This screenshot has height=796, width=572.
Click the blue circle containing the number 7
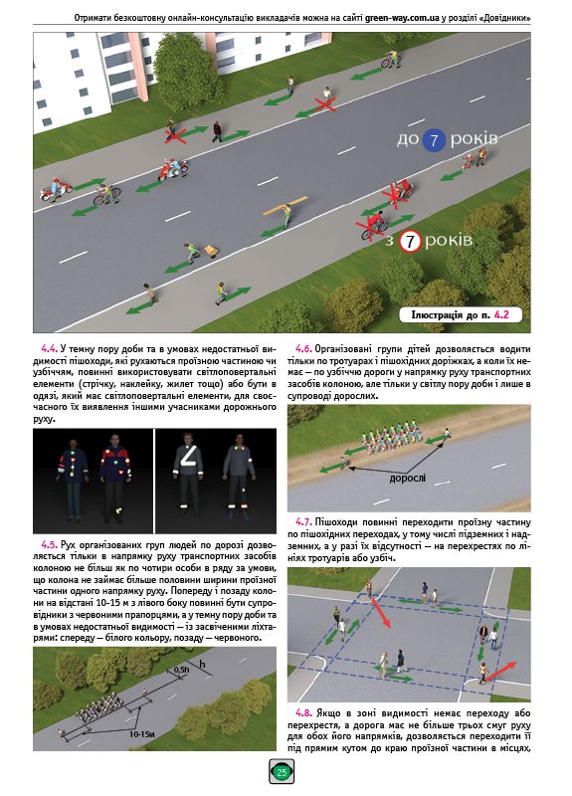(x=434, y=140)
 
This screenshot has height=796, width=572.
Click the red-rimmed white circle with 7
(x=410, y=242)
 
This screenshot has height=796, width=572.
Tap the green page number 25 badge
(x=282, y=772)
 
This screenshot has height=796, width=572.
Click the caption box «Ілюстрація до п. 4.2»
(x=460, y=314)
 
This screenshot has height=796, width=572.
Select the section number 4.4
(x=49, y=349)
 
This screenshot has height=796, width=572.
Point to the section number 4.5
(x=49, y=545)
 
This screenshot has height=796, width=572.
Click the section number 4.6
(x=303, y=349)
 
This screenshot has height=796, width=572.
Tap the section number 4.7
(x=303, y=521)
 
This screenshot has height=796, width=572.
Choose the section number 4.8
(x=303, y=712)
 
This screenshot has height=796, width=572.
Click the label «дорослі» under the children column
(x=408, y=479)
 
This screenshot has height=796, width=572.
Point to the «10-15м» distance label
(x=142, y=734)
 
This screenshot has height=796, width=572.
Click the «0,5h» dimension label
(x=180, y=670)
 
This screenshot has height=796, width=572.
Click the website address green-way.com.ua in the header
(x=402, y=18)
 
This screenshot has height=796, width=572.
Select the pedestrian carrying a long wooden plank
(x=286, y=211)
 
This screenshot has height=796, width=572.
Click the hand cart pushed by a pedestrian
(x=209, y=251)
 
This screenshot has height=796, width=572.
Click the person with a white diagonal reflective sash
(x=188, y=475)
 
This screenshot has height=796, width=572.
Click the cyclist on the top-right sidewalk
(x=391, y=59)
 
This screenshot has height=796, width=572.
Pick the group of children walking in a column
(x=391, y=440)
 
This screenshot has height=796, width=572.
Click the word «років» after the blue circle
(x=474, y=138)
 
